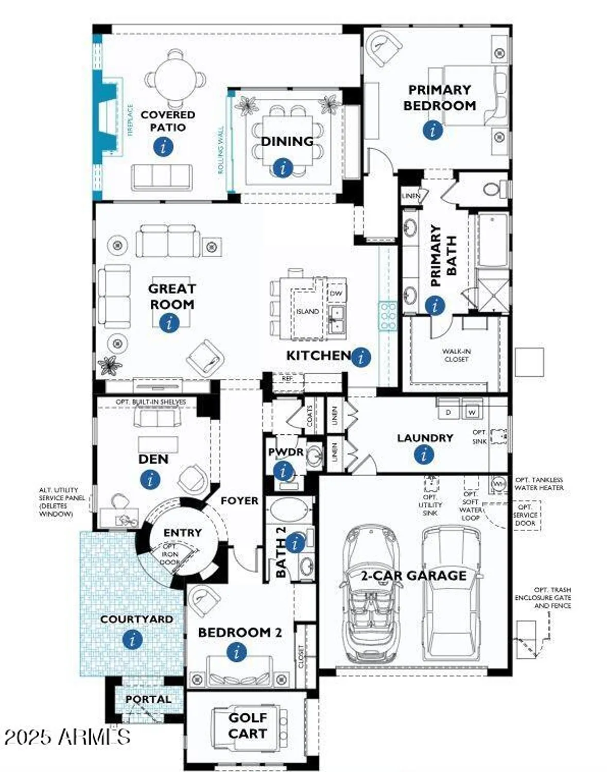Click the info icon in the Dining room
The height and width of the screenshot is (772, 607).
pyautogui.click(x=282, y=167)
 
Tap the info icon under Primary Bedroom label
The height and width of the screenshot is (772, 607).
pyautogui.click(x=432, y=130)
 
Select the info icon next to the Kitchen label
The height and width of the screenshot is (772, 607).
pyautogui.click(x=361, y=357)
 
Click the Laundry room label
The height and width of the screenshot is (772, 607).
pyautogui.click(x=425, y=438)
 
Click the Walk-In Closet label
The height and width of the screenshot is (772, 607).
pyautogui.click(x=456, y=355)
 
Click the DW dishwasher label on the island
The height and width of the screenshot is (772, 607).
pyautogui.click(x=336, y=293)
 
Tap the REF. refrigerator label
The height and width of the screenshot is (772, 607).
pyautogui.click(x=287, y=378)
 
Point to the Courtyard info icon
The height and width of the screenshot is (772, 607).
pyautogui.click(x=133, y=640)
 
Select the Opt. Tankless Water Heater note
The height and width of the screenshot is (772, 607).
pyautogui.click(x=539, y=483)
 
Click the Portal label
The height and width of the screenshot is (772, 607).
pyautogui.click(x=148, y=699)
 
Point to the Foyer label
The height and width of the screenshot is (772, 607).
pyautogui.click(x=239, y=500)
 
